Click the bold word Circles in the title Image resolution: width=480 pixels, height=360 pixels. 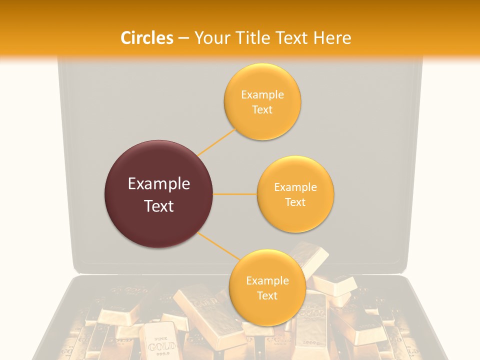click(x=147, y=38)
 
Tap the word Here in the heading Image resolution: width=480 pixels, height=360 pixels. click(x=332, y=38)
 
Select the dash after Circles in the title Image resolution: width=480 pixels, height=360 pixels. click(x=183, y=38)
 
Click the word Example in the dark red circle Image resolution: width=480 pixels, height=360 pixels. click(x=159, y=184)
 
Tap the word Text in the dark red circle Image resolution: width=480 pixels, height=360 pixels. click(x=159, y=206)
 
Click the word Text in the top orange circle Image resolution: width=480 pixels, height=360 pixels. click(x=262, y=109)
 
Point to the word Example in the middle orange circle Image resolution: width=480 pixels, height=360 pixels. click(x=295, y=187)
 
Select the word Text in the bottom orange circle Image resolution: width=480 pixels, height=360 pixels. click(x=267, y=295)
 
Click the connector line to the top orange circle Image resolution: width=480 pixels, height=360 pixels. click(x=216, y=141)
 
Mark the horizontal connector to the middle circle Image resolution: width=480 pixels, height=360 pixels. click(x=235, y=194)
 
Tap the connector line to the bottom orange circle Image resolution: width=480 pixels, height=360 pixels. click(x=218, y=245)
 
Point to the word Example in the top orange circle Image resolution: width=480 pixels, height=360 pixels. click(x=262, y=94)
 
